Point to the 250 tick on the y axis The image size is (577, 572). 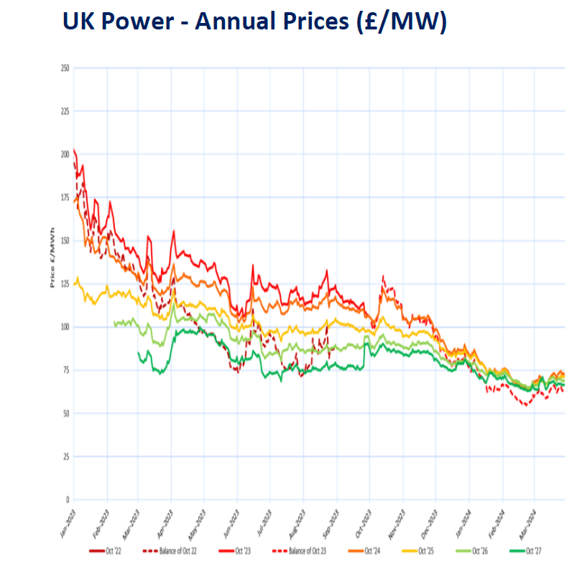[x=65, y=68]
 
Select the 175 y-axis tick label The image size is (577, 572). [x=65, y=197]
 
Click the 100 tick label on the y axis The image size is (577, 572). [x=65, y=327]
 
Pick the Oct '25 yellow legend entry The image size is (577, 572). [x=425, y=551]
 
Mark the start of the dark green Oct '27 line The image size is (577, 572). [x=138, y=352]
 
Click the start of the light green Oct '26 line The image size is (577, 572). [x=115, y=324]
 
